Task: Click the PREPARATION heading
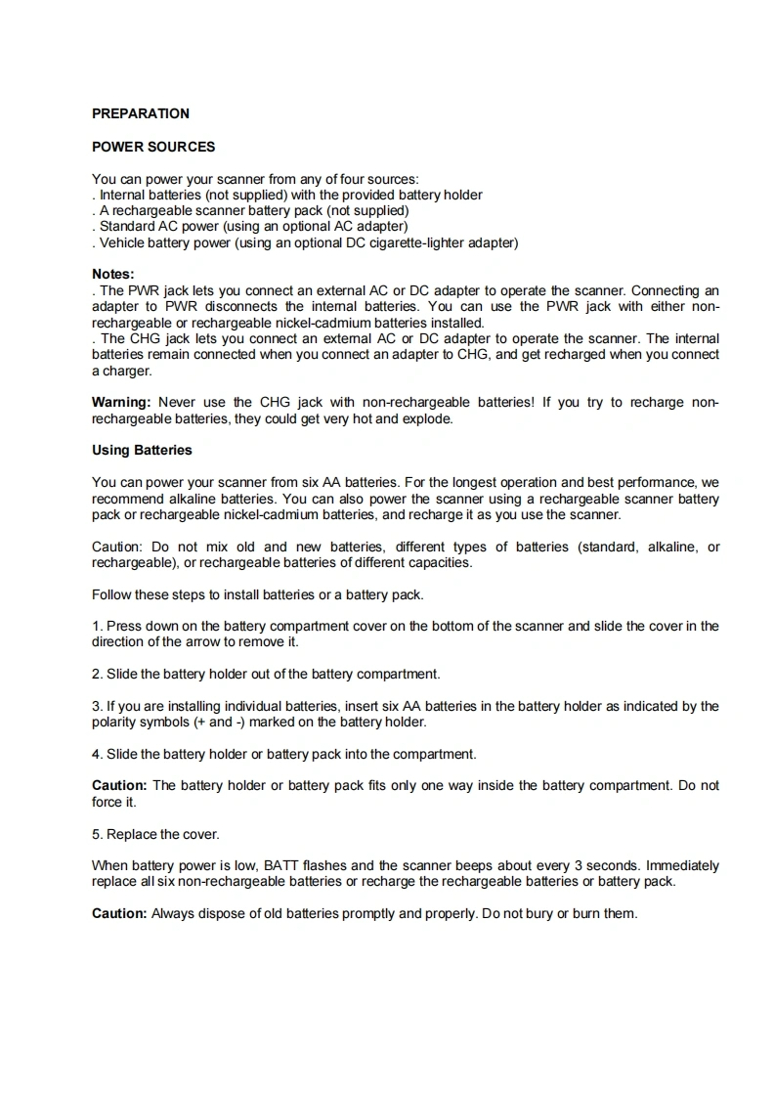(x=140, y=113)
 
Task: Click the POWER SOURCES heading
(x=153, y=147)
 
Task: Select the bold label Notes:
(x=112, y=275)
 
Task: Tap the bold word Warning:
(x=121, y=402)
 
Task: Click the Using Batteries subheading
(x=142, y=451)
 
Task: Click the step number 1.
(x=96, y=626)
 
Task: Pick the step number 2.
(x=96, y=674)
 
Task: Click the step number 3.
(x=96, y=706)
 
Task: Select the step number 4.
(x=96, y=754)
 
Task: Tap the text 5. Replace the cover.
(x=155, y=834)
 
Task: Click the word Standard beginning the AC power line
(x=126, y=226)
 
